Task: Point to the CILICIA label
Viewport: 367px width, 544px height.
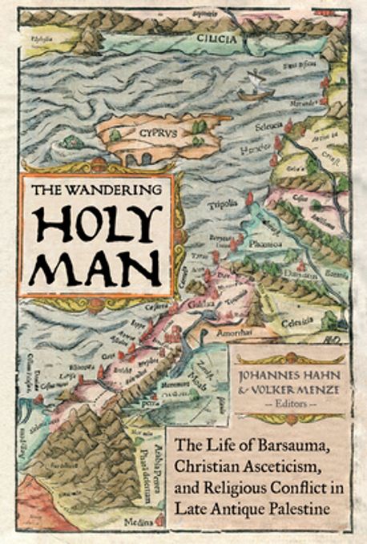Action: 215,34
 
